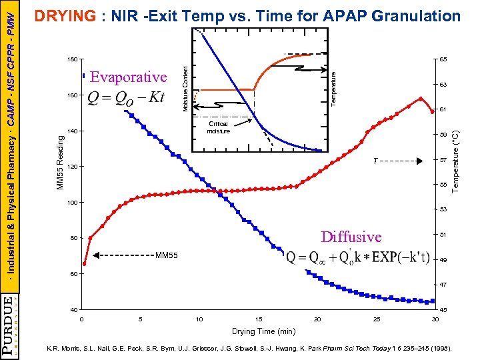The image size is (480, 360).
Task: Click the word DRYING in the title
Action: coord(65,16)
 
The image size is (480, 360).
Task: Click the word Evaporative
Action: coord(128,77)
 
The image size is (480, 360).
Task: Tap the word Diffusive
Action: coord(351,237)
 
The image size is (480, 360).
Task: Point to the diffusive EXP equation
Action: coord(367,258)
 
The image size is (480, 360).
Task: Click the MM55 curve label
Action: coord(166,255)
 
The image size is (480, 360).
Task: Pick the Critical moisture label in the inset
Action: coord(218,127)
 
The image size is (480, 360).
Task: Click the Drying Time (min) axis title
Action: coord(263,331)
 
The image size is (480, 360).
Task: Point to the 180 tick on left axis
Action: coord(72,60)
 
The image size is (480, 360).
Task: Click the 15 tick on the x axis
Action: coord(259,319)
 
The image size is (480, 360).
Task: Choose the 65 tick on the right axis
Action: coord(443,60)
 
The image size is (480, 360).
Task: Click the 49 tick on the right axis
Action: coord(443,260)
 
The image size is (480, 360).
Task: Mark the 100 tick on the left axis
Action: coord(72,202)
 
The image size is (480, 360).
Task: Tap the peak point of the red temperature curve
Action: coord(421,99)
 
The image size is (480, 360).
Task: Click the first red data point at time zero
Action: coord(85,263)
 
